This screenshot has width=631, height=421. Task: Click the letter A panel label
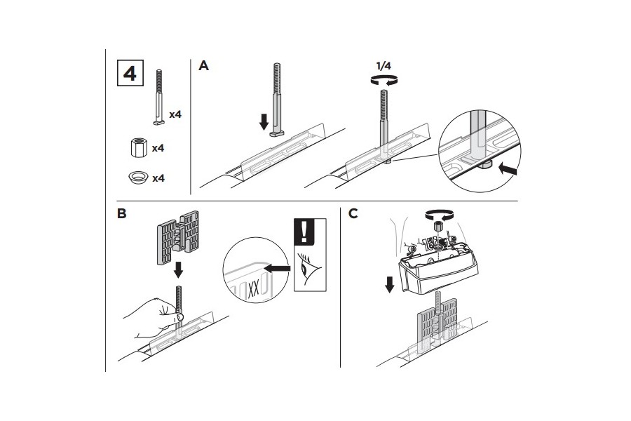tap(204, 66)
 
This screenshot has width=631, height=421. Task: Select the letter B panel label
tap(122, 214)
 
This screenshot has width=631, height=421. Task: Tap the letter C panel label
tap(353, 213)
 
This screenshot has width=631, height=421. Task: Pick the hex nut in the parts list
tap(137, 149)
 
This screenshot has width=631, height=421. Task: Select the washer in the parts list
tap(138, 178)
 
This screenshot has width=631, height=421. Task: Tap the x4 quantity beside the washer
tap(158, 178)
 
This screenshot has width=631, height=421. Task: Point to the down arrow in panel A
tap(264, 121)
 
